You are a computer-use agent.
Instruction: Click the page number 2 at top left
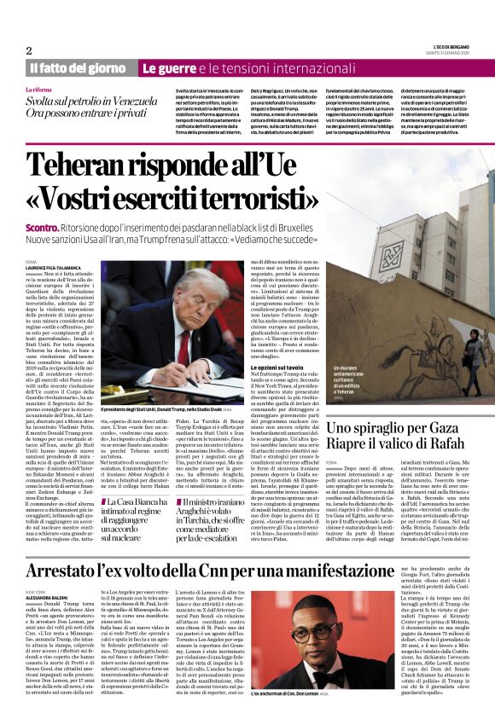(29, 50)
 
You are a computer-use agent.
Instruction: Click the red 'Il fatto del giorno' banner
(78, 68)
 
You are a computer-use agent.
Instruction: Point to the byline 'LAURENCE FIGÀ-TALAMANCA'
(56, 268)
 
